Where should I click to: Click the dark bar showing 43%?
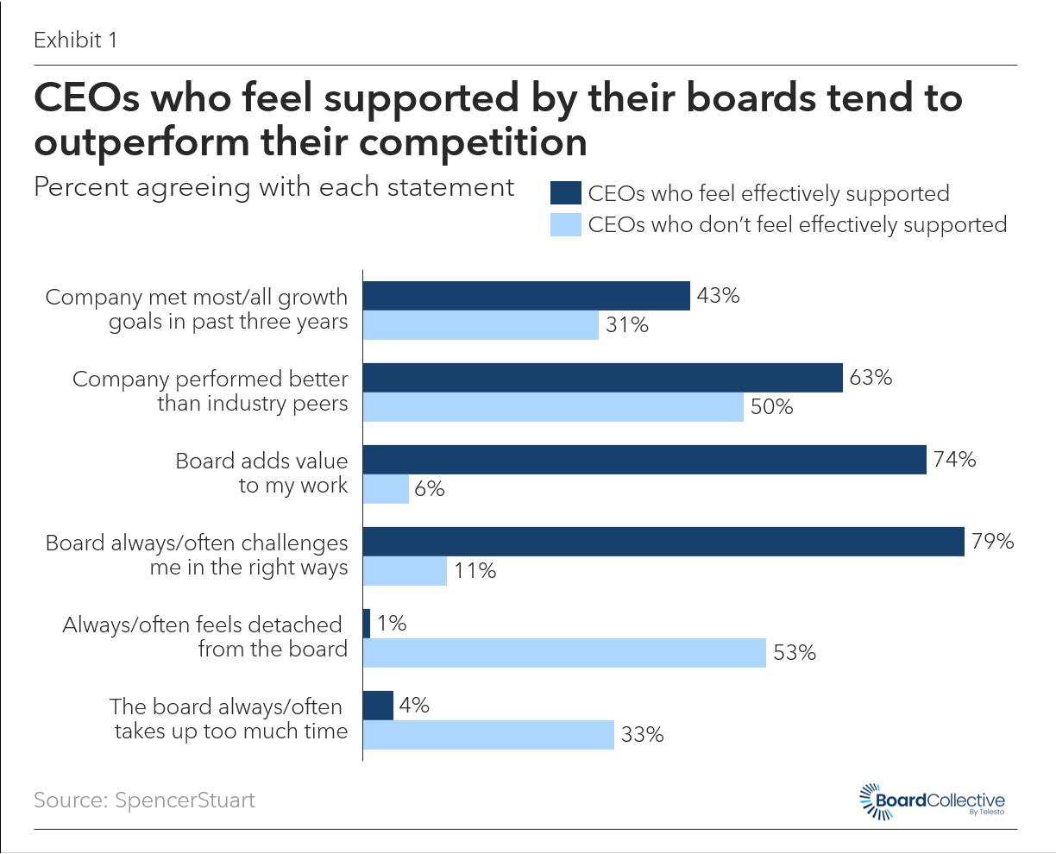[x=526, y=296]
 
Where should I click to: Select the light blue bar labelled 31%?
[x=481, y=325]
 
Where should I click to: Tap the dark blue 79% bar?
[x=663, y=542]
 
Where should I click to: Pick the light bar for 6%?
[x=386, y=489]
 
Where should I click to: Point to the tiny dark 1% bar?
[x=367, y=624]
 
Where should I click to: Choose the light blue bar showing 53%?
[x=564, y=653]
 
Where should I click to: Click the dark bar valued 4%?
[x=378, y=706]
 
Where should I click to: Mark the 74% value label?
[x=954, y=460]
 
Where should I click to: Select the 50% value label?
[x=771, y=407]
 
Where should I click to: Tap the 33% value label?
[x=642, y=735]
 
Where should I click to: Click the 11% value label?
[x=475, y=571]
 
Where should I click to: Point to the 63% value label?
[x=871, y=378]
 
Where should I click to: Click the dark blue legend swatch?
[x=565, y=193]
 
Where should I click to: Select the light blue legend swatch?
[x=565, y=225]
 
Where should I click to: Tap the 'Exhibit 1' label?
[x=75, y=40]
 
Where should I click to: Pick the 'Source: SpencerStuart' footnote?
[x=144, y=800]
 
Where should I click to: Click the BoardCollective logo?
[x=933, y=801]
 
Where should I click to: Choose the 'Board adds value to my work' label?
[x=261, y=473]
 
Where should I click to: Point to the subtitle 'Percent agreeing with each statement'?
[x=273, y=187]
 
